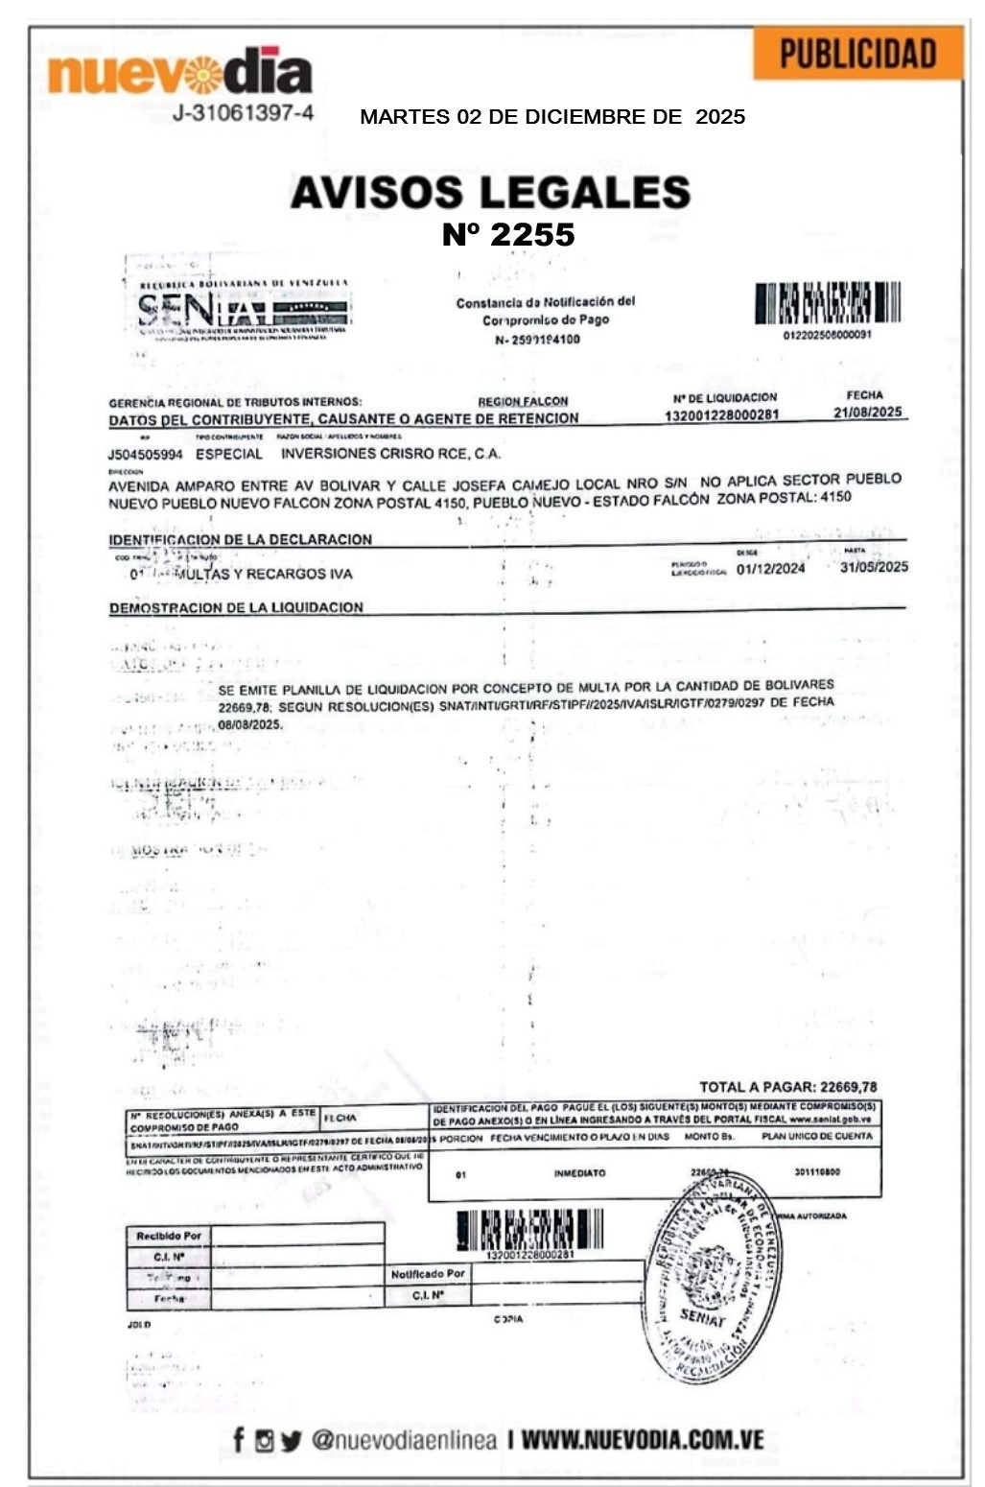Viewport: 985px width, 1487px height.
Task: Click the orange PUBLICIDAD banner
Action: [x=857, y=54]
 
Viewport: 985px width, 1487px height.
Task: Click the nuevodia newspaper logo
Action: [x=180, y=73]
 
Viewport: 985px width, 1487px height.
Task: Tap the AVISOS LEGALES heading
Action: [x=490, y=192]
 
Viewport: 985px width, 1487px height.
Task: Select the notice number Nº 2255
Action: [x=508, y=235]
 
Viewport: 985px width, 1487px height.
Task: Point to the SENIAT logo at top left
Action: [x=244, y=309]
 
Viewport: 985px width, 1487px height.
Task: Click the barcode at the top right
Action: [x=827, y=303]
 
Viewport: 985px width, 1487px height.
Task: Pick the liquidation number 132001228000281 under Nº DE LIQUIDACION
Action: [x=721, y=415]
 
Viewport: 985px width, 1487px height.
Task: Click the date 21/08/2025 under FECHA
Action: [x=867, y=413]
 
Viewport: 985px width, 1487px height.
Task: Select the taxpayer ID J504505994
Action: [x=145, y=455]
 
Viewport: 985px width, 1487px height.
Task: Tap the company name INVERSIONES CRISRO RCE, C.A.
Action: [x=390, y=454]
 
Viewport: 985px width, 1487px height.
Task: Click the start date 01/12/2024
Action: [x=770, y=568]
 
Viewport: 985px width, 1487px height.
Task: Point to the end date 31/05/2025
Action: [x=873, y=567]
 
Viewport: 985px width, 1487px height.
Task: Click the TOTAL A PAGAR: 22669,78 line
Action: [x=787, y=1087]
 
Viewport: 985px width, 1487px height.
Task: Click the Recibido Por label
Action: [x=169, y=1236]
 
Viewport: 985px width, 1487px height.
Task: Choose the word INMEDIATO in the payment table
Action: [x=579, y=1173]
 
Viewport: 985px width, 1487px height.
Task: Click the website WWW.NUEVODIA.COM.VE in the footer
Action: [x=643, y=1440]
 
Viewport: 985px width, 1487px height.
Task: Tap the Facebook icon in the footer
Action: [x=239, y=1440]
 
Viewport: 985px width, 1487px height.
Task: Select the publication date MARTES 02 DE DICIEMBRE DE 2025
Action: [x=552, y=117]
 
